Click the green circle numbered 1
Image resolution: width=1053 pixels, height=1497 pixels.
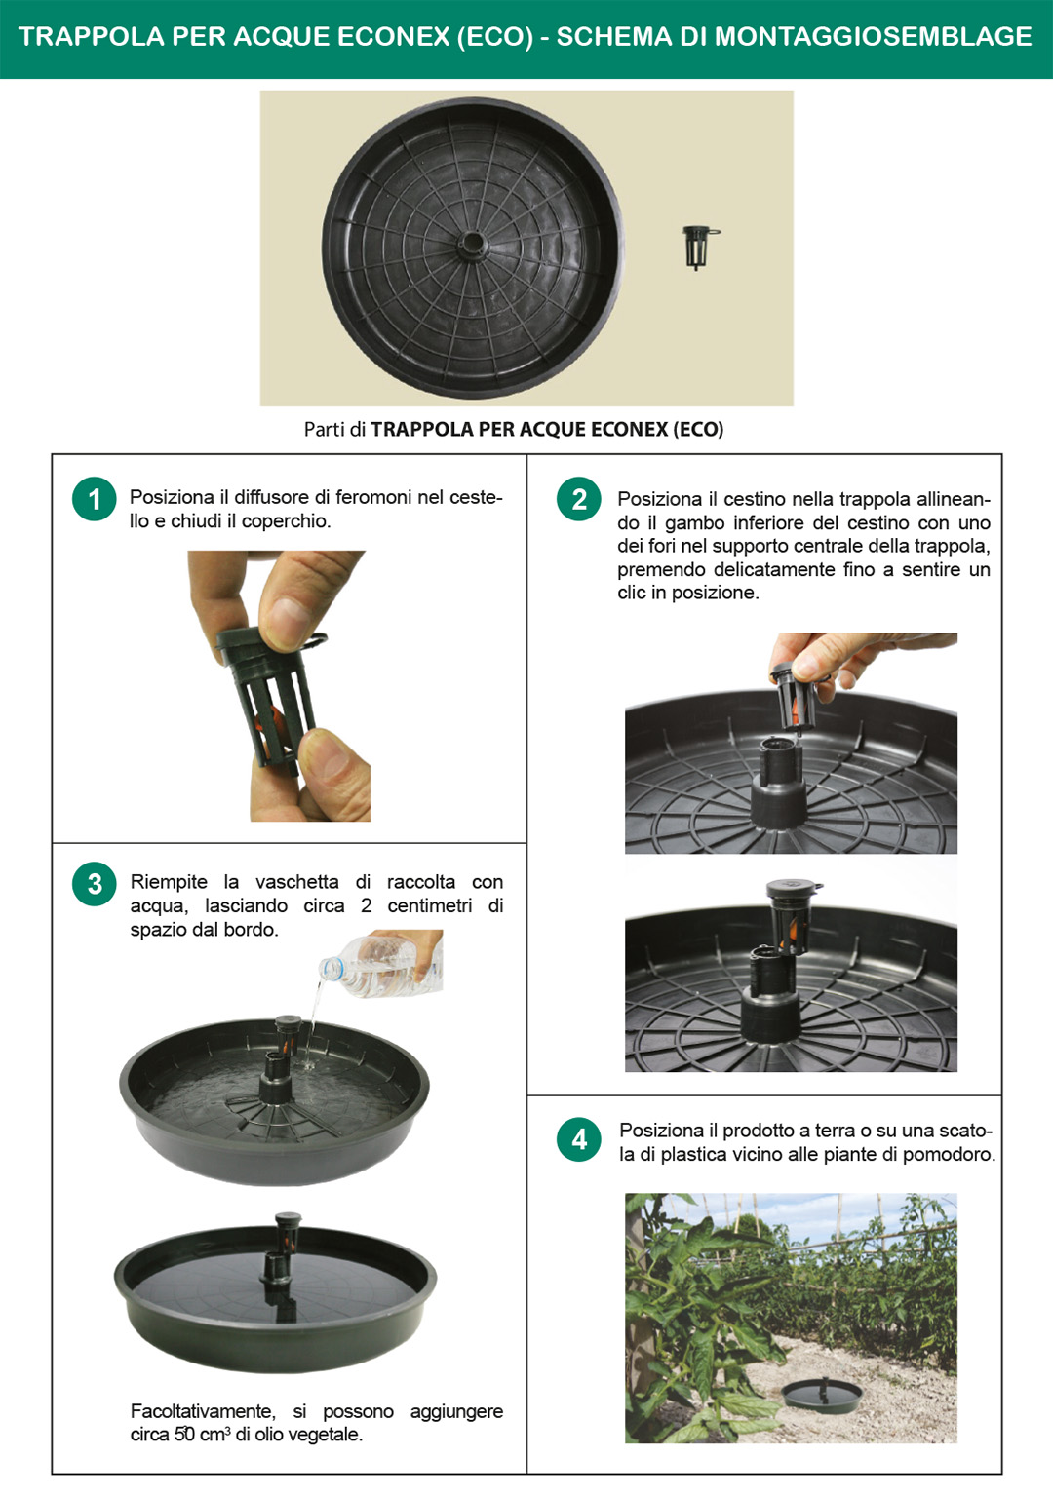[x=95, y=500]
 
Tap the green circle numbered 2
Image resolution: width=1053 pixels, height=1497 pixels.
[x=579, y=500]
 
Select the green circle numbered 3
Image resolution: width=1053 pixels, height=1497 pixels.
[x=95, y=884]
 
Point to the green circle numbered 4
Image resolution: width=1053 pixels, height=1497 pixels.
[x=579, y=1139]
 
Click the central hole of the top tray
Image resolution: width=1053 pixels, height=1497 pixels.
[x=473, y=242]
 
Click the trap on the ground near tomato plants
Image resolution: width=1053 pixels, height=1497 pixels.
[x=822, y=1394]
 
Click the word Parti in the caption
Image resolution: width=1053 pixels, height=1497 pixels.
[x=325, y=430]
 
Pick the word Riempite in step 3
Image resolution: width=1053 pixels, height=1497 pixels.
[x=169, y=882]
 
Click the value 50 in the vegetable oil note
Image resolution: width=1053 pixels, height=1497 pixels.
[x=184, y=1435]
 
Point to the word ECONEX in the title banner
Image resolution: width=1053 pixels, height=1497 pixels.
[x=394, y=37]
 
